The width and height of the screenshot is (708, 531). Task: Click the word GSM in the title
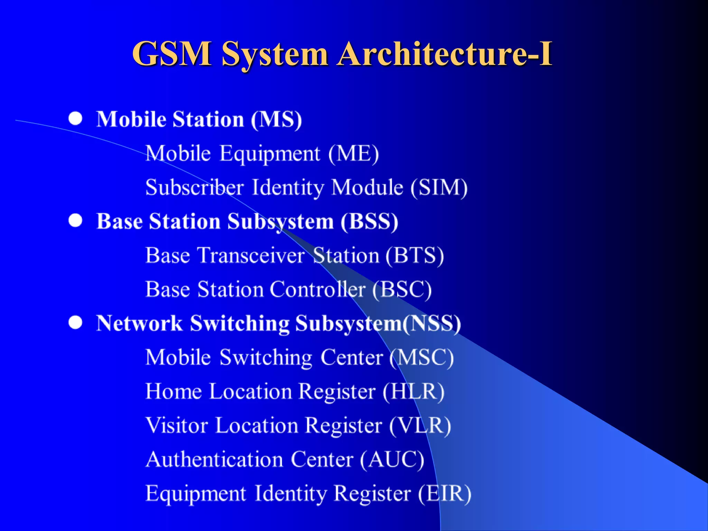pos(172,54)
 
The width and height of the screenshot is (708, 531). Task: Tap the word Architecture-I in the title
pos(445,54)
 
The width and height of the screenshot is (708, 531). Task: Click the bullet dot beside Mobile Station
pos(75,119)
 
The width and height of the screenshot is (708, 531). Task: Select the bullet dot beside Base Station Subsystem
pos(75,221)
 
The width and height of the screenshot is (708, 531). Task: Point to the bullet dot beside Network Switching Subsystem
pos(75,323)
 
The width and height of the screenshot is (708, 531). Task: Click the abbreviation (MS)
pos(276,120)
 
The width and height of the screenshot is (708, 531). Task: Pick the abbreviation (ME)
pos(353,153)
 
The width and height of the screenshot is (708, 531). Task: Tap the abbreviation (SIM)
pos(439,187)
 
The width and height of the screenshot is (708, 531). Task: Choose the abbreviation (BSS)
pos(369,221)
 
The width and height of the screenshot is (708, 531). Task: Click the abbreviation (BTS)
pos(414,255)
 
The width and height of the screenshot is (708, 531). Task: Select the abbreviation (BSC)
pos(402,289)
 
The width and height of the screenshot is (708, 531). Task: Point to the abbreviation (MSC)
pos(421,357)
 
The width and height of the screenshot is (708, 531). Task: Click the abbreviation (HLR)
pos(413,391)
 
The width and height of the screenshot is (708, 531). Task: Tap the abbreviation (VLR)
pos(420,425)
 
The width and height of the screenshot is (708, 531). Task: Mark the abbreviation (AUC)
pos(392,459)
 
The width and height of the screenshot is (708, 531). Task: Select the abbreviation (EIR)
pos(445,493)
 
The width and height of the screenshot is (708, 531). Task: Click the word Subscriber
pos(195,187)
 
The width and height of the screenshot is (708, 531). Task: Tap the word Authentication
pos(214,459)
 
